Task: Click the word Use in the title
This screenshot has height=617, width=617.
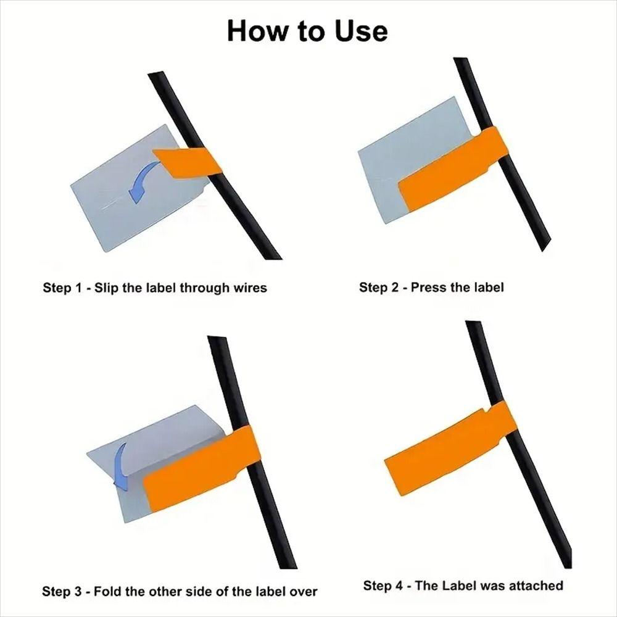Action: (x=361, y=31)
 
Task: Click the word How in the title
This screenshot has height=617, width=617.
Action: (x=257, y=31)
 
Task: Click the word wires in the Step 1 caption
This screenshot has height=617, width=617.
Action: (x=251, y=288)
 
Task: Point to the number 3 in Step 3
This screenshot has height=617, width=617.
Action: (x=78, y=592)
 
